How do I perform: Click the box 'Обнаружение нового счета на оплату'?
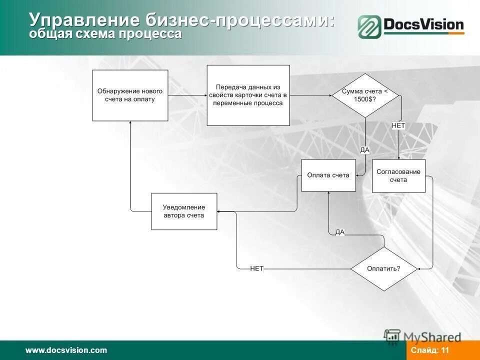130,95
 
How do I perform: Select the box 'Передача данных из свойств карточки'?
248,95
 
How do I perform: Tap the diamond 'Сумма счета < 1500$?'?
365,95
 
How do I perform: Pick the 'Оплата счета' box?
328,175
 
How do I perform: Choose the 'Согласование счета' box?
398,176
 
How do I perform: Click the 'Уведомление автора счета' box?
184,211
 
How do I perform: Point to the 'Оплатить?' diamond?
383,268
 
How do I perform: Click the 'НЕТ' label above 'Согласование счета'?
398,126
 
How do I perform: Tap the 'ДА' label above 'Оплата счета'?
365,149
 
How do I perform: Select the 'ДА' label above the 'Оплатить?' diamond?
340,232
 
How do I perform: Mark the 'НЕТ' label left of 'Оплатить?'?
256,268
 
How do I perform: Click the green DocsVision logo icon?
369,26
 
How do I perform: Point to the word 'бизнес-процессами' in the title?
240,20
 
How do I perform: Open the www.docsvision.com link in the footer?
66,350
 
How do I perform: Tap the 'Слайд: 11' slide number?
430,350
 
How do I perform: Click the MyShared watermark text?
432,337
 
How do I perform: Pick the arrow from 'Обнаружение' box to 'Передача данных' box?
187,95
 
